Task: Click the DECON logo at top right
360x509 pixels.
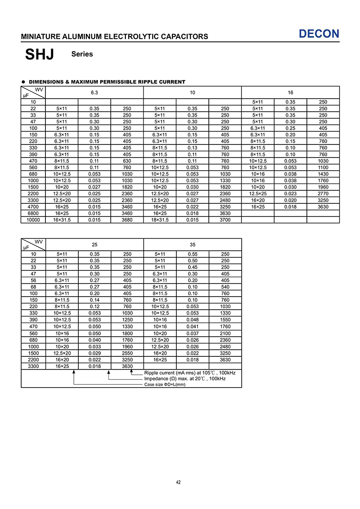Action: tap(319, 34)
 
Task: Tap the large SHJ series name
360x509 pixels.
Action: tap(40, 54)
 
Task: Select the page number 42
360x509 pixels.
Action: tap(178, 482)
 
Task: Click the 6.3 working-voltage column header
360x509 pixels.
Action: tap(94, 92)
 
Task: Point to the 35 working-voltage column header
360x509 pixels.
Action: tap(193, 244)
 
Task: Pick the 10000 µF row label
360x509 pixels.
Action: tap(33, 220)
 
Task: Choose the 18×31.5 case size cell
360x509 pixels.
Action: tap(160, 220)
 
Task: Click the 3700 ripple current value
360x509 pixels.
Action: tap(225, 220)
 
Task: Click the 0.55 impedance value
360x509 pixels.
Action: tap(193, 254)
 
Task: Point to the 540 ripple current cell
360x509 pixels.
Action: tap(225, 287)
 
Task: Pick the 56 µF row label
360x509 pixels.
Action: tap(33, 280)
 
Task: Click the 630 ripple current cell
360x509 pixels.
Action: tap(127, 161)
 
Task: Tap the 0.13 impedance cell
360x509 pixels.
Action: tap(193, 148)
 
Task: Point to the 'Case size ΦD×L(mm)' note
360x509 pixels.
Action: tap(165, 384)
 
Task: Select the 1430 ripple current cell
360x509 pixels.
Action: tap(323, 174)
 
